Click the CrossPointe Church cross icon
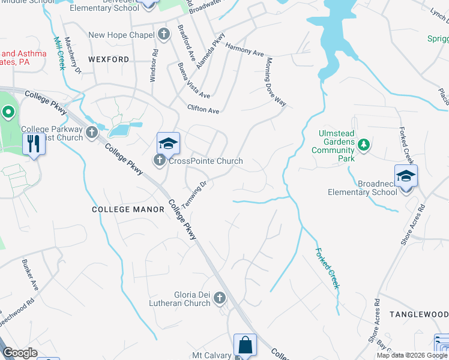159,160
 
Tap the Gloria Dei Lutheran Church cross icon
220,298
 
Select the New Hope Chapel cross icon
164,35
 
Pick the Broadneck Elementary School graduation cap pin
406,176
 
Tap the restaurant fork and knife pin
33,143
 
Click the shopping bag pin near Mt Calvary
245,346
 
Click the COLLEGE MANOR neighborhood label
128,209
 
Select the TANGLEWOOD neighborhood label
418,314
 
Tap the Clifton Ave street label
203,110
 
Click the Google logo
20,353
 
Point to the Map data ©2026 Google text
411,355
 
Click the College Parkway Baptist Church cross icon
91,132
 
